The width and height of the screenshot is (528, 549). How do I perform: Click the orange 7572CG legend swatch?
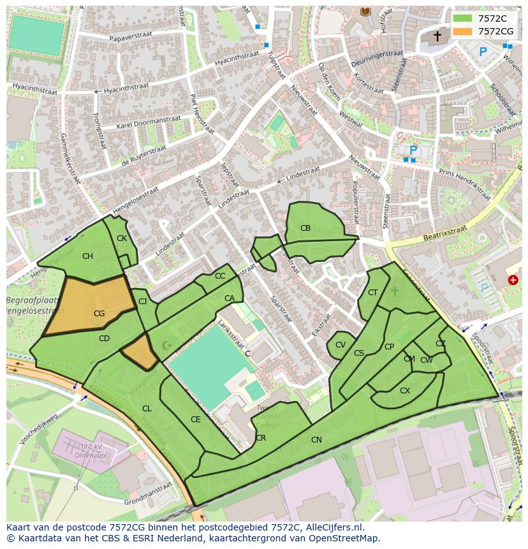click(462, 31)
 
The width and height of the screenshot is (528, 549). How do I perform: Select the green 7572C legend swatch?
click(462, 18)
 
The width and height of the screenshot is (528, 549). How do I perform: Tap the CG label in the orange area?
click(99, 313)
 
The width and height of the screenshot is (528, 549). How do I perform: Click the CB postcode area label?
click(305, 228)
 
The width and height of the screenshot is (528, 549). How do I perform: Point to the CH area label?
click(87, 256)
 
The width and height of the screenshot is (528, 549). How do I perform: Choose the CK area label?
click(122, 238)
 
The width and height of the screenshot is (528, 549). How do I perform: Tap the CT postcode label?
click(373, 293)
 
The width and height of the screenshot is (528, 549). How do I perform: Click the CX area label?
click(405, 390)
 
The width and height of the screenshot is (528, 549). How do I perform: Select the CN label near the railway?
click(316, 439)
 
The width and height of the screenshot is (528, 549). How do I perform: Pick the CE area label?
click(196, 419)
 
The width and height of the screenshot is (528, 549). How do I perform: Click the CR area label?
click(261, 437)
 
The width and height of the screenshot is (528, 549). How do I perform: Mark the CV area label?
click(341, 345)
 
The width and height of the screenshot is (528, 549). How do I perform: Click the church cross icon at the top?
click(437, 36)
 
